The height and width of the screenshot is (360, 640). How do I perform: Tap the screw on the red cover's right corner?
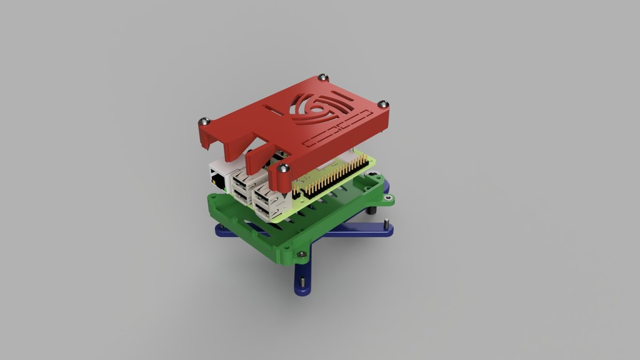click(x=384, y=104)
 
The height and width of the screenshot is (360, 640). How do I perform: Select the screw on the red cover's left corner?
click(x=202, y=121)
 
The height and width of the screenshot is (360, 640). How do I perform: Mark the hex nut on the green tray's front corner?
click(x=302, y=254)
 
